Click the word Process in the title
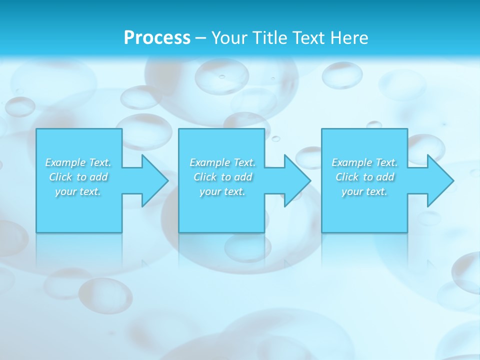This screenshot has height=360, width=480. pos(157,38)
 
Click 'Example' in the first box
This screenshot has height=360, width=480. pos(65,162)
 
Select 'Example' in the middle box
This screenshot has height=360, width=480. pos(209,162)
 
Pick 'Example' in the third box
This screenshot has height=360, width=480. pos(351,162)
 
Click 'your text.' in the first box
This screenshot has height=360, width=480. pos(78,191)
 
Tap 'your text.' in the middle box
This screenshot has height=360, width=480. pos(222,191)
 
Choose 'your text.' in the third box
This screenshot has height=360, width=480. pos(364,191)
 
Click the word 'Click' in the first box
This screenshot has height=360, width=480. pos(60,177)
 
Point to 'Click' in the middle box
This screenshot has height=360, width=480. pos(204,177)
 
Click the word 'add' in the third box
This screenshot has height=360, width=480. pos(385,177)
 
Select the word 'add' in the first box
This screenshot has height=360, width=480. pos(98,177)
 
